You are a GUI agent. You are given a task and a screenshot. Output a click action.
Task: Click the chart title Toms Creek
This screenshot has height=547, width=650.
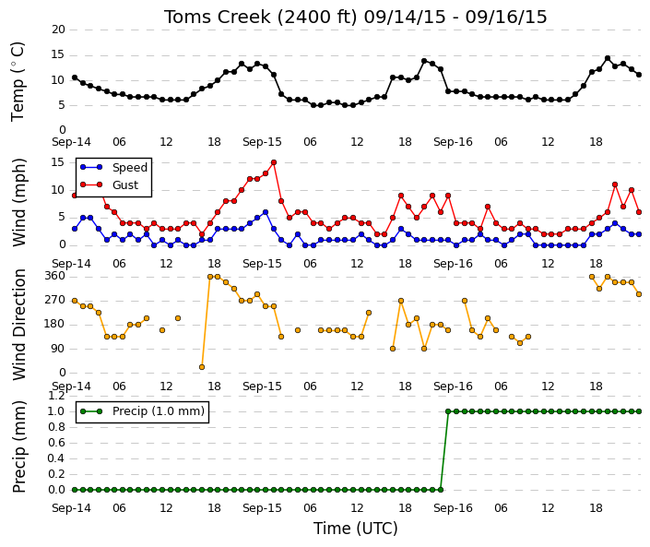pos(218,18)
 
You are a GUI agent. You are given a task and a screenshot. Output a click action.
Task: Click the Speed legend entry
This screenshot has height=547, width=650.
pos(114,168)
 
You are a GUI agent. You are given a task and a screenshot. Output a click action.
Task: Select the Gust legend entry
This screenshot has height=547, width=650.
pos(110,185)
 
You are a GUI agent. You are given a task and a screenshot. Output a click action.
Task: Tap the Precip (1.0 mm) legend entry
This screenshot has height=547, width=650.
pos(143,411)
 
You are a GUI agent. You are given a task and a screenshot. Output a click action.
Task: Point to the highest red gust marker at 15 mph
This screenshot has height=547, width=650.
pos(274,162)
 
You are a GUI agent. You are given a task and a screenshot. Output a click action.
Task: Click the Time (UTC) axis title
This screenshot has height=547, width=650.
pos(355,529)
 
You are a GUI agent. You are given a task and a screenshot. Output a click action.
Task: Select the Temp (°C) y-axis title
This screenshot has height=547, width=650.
pos(18,82)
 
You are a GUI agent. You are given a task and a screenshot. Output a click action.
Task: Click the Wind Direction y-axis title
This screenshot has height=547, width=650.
pos(19,325)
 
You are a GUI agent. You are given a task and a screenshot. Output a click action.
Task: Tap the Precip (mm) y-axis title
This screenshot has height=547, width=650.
pos(19,446)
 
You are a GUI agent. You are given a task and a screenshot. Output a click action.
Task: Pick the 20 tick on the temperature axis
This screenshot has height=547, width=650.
pos(58,30)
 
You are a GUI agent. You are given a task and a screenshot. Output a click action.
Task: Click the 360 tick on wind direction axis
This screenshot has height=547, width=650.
pos(55,276)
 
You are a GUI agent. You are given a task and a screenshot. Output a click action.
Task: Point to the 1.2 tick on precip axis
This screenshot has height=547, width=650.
pos(57,396)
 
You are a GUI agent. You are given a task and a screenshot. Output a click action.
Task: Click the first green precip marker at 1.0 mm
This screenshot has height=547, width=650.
pos(448,411)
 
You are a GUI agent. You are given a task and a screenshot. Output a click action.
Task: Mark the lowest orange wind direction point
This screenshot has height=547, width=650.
pos(202,367)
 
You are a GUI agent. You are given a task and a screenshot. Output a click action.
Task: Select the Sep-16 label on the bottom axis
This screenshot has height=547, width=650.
pos(453,508)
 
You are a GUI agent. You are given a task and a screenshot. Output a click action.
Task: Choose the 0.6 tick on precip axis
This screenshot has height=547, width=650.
pos(57,443)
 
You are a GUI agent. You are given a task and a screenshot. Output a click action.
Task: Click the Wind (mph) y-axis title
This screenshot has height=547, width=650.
pos(19,202)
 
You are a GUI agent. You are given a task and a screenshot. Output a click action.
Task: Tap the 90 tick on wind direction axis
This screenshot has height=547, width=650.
pos(58,349)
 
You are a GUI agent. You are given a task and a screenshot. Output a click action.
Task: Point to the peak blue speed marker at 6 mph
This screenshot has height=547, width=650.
pos(266,212)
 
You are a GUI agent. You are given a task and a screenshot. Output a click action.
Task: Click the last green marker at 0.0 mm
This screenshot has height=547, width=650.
pos(440,490)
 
